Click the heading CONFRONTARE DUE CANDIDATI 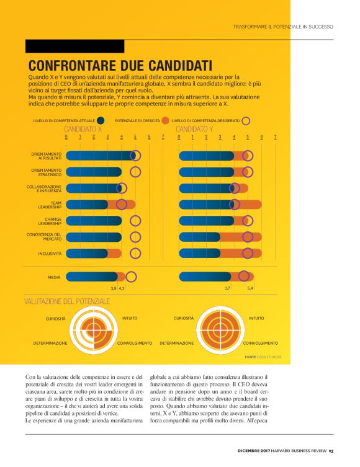point(120,65)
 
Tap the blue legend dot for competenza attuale point(101,120)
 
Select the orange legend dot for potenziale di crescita point(165,120)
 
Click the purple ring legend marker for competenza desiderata point(246,120)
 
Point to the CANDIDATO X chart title point(83,129)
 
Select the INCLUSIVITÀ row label point(50,253)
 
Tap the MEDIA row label point(54,277)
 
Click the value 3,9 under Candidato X point(114,288)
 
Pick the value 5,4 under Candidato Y point(250,288)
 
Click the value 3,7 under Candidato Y point(228,288)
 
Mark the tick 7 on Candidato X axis point(163,136)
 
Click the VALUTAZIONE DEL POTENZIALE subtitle point(67,301)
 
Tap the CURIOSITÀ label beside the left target point(55,319)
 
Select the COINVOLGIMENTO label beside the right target point(260,343)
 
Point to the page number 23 point(331,450)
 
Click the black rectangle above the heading point(74,47)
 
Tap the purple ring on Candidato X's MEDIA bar point(131,277)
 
